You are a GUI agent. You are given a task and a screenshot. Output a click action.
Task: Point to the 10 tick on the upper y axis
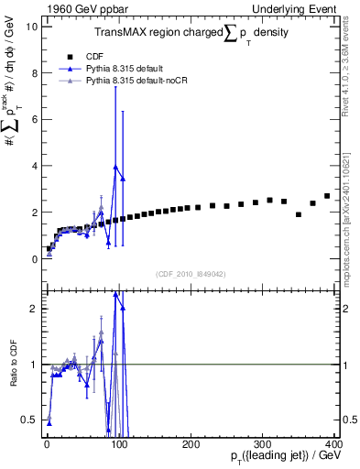[32, 26]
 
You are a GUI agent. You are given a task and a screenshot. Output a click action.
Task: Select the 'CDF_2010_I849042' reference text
[191, 274]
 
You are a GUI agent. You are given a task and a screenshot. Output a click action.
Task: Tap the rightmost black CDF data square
[327, 196]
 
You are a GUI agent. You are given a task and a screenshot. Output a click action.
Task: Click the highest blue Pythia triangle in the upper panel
[115, 167]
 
